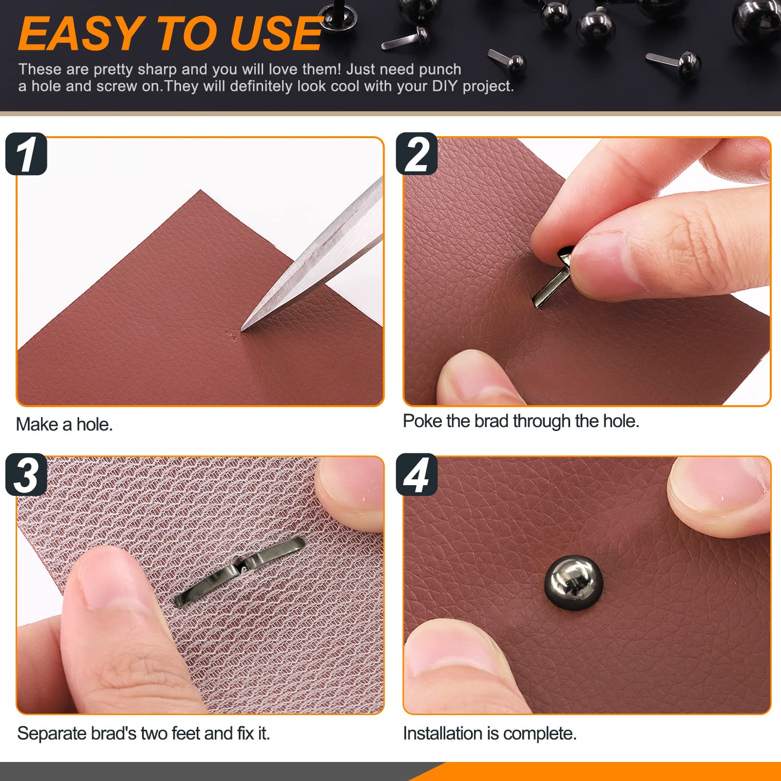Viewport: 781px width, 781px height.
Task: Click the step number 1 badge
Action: pos(26,154)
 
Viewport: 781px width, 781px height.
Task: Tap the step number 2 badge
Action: pos(416,154)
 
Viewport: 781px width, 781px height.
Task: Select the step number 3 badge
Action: pos(26,474)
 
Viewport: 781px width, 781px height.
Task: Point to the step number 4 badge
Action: pos(416,474)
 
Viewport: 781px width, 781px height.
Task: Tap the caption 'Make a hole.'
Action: pos(64,425)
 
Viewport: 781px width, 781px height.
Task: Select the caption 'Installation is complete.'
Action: pos(490,734)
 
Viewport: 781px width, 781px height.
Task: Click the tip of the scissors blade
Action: pos(243,329)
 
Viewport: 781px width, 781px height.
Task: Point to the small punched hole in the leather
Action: pos(229,334)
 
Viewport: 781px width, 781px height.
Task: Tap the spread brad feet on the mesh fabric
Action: pos(239,571)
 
